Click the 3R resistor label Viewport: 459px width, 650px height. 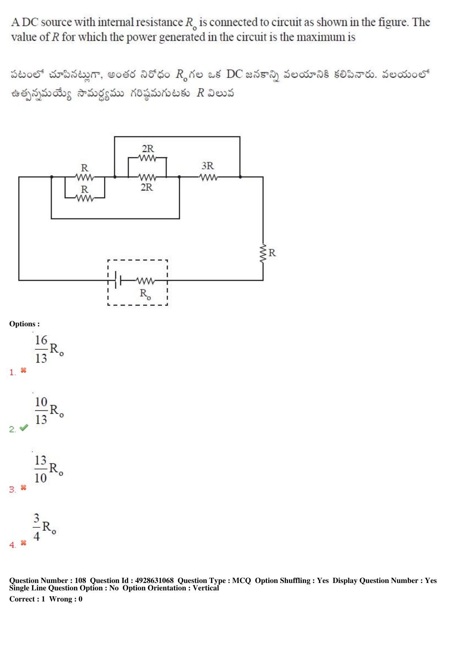[208, 166]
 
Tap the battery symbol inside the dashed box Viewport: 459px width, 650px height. [118, 280]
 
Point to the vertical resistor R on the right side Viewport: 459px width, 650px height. [263, 253]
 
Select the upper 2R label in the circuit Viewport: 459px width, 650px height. [148, 149]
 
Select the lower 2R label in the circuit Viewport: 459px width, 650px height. [147, 187]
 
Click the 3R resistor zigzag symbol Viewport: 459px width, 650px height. [209, 177]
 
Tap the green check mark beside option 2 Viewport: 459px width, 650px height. [24, 428]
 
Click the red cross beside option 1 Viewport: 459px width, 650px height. [23, 370]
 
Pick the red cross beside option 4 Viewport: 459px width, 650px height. [23, 543]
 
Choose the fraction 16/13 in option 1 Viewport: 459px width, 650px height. [41, 349]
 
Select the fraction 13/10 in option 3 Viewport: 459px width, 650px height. [41, 469]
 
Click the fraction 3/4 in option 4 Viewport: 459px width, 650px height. [36, 527]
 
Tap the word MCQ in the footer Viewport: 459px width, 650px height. [241, 580]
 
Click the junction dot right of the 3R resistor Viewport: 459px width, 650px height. [240, 177]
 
